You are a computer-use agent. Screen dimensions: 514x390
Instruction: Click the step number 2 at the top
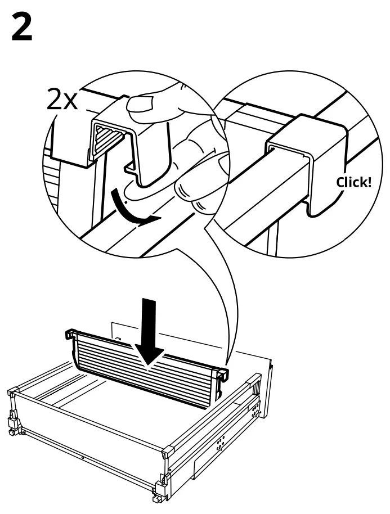tap(22, 28)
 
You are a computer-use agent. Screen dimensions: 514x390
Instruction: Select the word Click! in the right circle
tap(353, 183)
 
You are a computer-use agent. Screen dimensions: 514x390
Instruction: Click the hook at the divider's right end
tap(223, 373)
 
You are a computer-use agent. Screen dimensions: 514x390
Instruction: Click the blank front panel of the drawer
tap(84, 427)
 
